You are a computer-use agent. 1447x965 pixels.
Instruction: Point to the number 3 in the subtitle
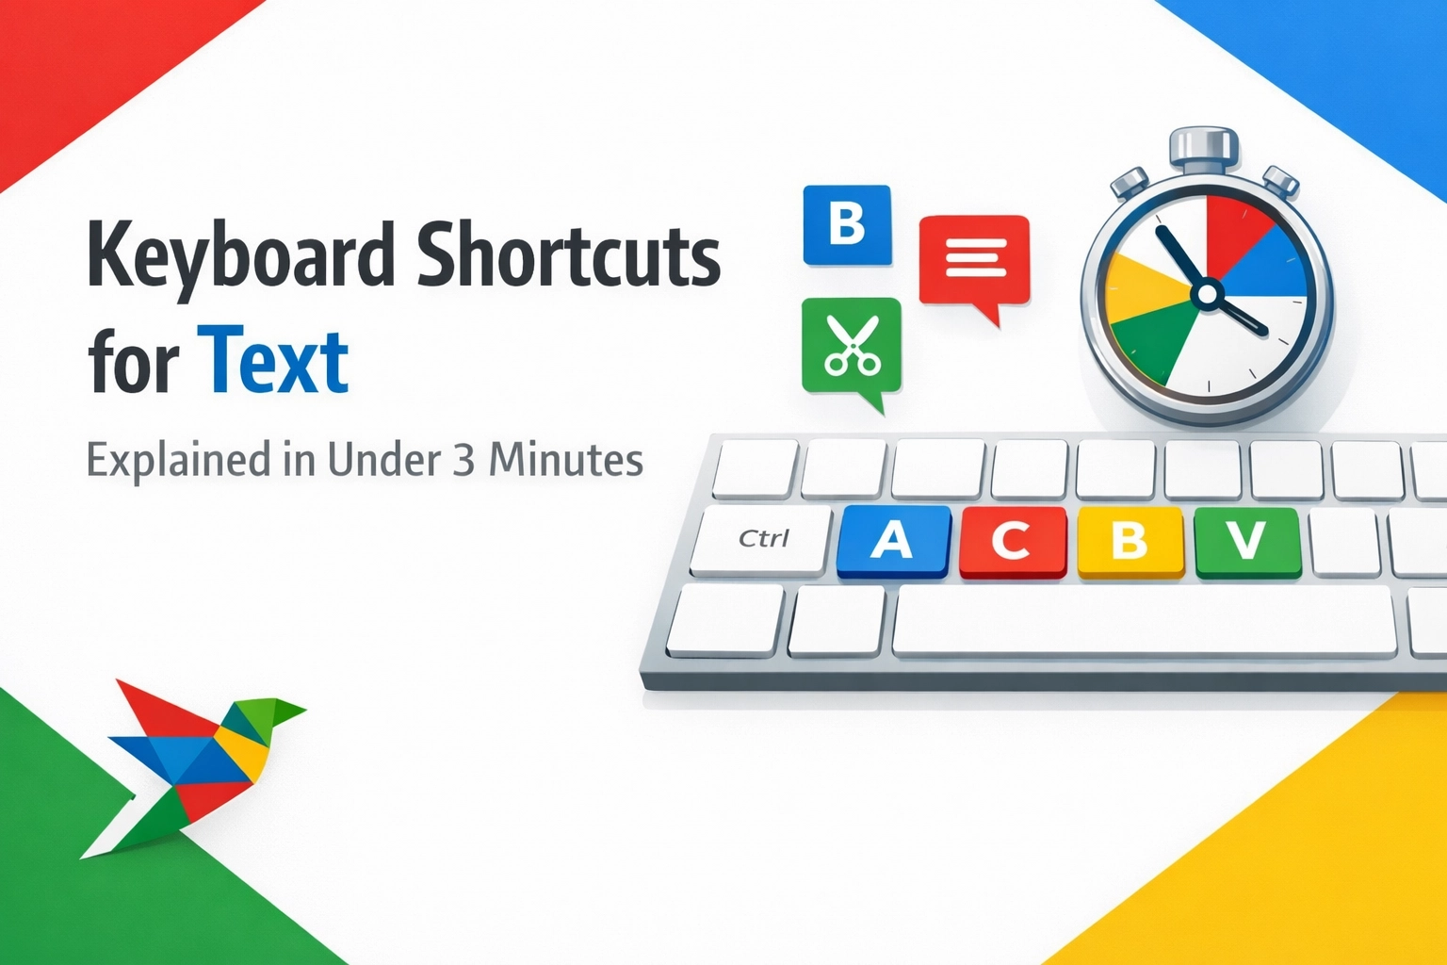pos(463,460)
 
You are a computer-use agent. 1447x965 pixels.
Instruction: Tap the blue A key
pos(891,540)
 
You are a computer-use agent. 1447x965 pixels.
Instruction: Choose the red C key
pos(1011,540)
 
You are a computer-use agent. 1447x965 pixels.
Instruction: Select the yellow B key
pos(1129,540)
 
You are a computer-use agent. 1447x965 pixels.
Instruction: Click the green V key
pos(1246,540)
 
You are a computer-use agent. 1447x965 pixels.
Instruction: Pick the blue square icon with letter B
pos(846,224)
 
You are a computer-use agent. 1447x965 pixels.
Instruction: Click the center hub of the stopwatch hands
pos(1205,296)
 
